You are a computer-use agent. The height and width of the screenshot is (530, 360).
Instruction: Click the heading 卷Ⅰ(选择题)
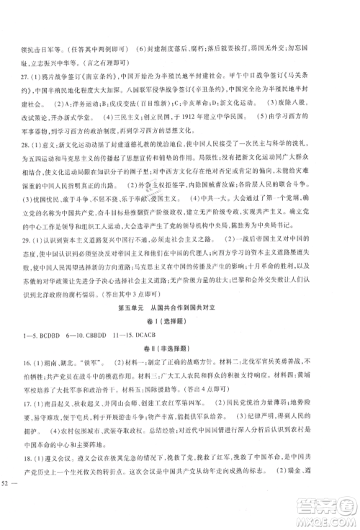click(x=180, y=346)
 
